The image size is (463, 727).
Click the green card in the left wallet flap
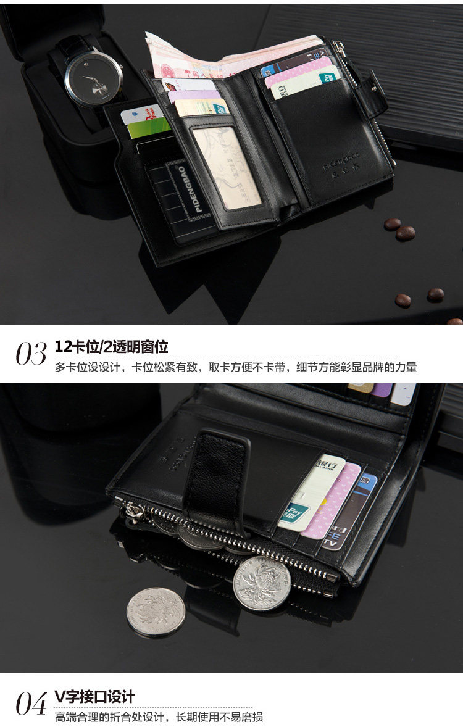click(x=148, y=128)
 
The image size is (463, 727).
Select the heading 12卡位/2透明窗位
click(x=111, y=346)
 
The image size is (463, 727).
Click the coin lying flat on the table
click(x=156, y=612)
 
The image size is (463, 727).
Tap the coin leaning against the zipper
click(x=261, y=583)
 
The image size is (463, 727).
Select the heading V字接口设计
click(x=94, y=697)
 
